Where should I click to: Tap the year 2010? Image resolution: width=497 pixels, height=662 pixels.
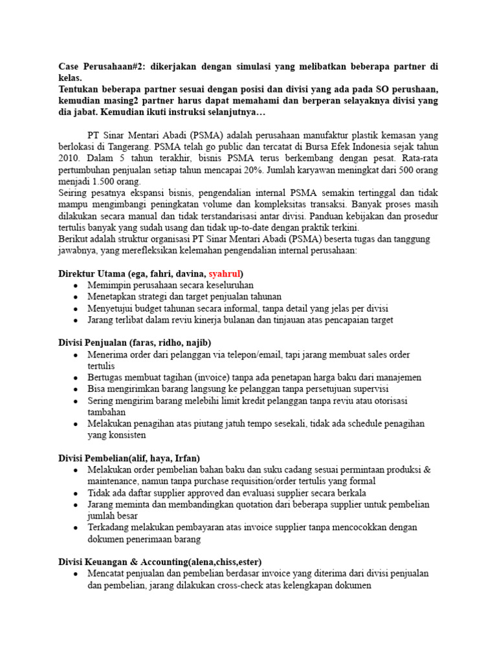click(69, 158)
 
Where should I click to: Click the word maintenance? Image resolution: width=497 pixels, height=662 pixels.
click(112, 481)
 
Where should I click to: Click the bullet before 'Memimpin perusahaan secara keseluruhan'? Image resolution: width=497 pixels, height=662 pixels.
click(76, 285)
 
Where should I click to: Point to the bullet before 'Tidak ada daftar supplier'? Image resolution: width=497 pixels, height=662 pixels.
click(76, 493)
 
